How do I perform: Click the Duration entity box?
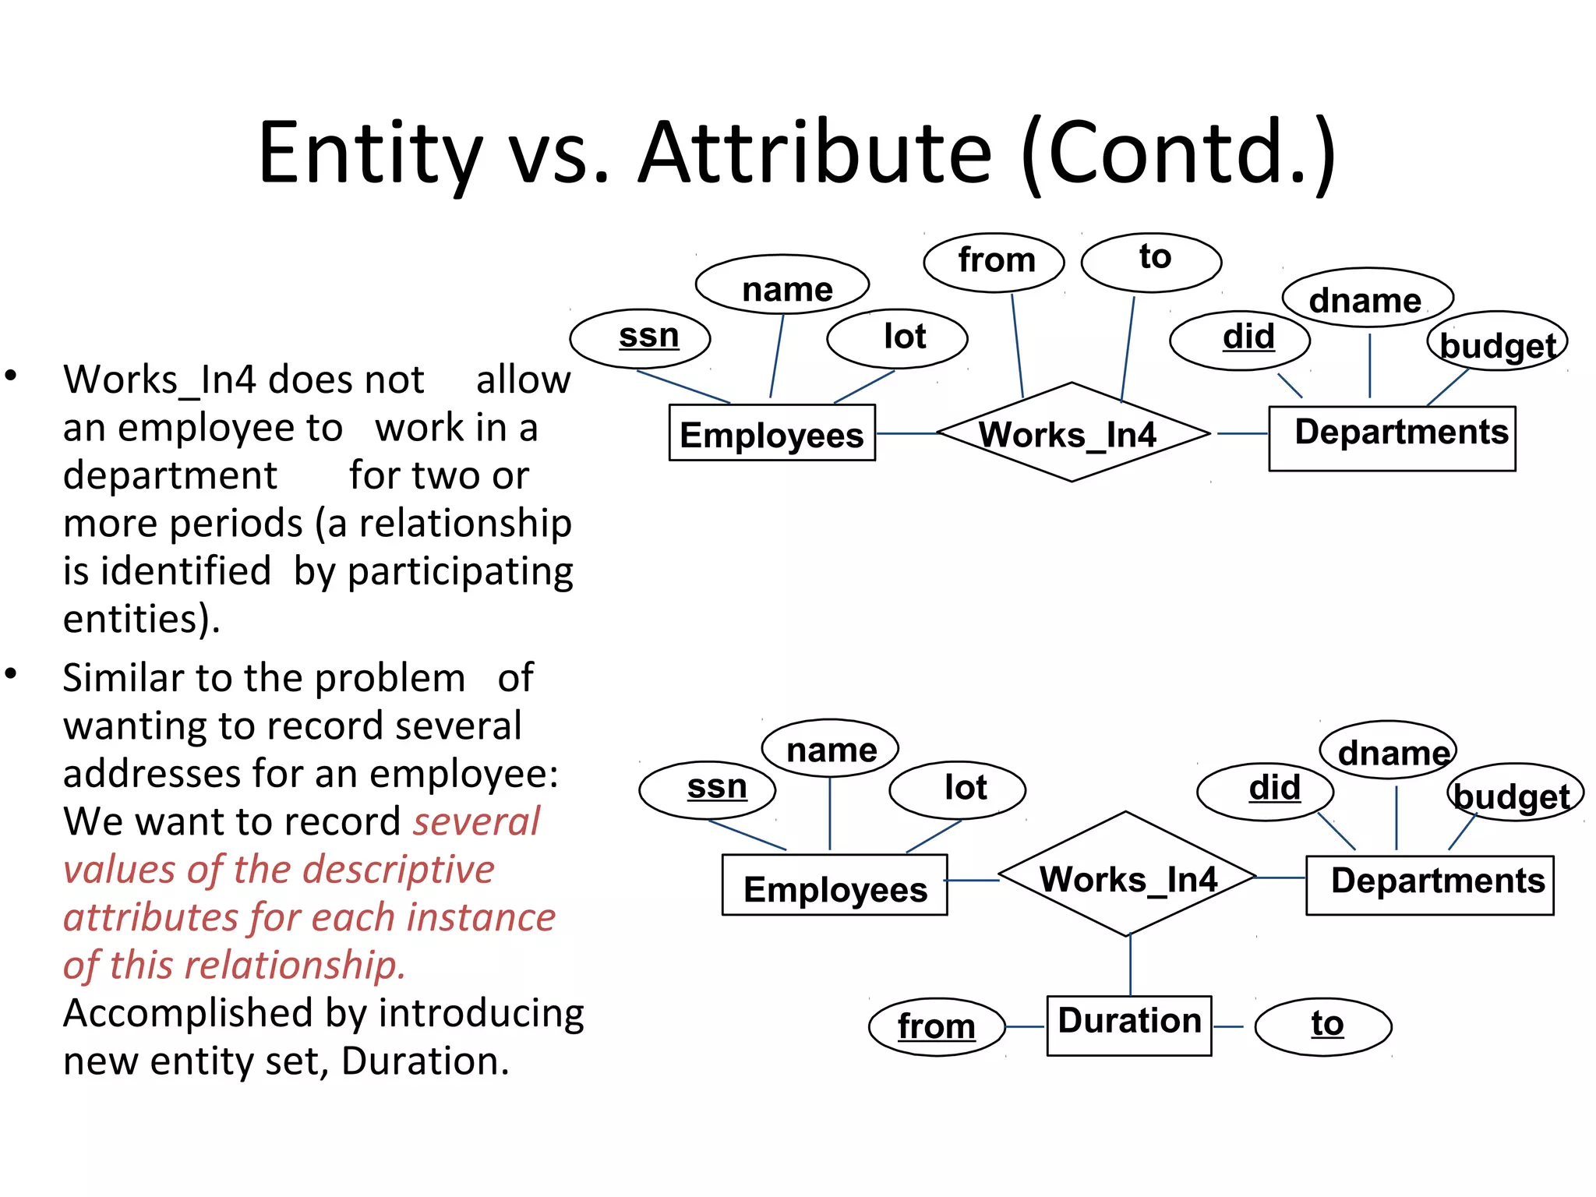1128,1025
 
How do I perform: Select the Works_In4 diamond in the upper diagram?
1072,433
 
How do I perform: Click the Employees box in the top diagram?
772,433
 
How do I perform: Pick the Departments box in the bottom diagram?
1429,884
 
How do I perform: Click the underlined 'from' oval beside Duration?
936,1026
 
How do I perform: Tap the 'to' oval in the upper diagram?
1151,261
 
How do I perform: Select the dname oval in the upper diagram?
1368,299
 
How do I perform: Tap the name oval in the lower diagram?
830,748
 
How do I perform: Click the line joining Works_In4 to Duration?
1130,966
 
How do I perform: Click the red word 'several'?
476,821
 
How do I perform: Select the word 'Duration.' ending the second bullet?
425,1061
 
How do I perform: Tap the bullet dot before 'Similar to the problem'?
11,674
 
